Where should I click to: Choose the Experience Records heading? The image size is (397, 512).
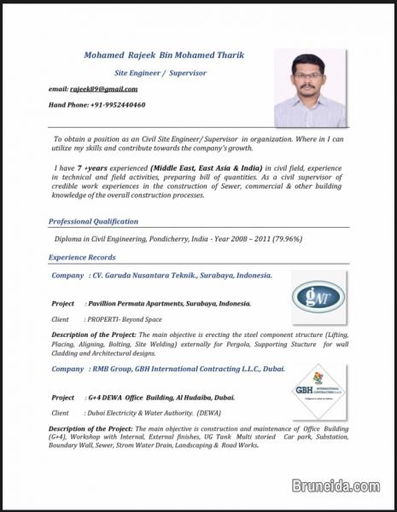[82, 257]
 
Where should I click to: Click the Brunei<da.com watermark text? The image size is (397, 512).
[336, 486]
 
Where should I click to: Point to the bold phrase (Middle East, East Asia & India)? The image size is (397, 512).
[206, 169]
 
